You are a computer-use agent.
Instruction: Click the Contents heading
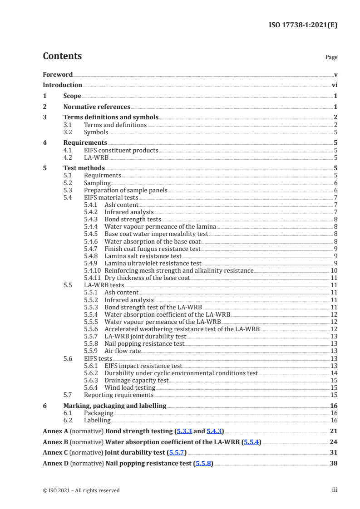click(x=62, y=56)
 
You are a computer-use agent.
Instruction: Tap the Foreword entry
click(x=58, y=74)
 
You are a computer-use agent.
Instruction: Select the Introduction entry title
click(x=62, y=85)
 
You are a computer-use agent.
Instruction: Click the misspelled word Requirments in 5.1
click(x=103, y=175)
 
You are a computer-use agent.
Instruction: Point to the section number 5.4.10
click(x=94, y=270)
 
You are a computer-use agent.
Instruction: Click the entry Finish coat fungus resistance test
click(x=152, y=249)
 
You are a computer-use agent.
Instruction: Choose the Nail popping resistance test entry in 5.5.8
click(x=144, y=343)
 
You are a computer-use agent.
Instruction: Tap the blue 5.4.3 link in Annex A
click(x=215, y=431)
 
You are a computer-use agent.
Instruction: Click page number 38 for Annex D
click(x=333, y=463)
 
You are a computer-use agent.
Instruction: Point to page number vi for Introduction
click(x=334, y=85)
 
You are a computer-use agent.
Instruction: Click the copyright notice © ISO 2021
click(x=81, y=490)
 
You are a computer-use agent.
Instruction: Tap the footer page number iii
click(x=335, y=490)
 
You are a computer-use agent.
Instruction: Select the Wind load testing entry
click(x=130, y=387)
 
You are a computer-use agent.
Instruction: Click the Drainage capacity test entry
click(x=136, y=380)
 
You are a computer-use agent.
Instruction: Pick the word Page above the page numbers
click(x=331, y=57)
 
